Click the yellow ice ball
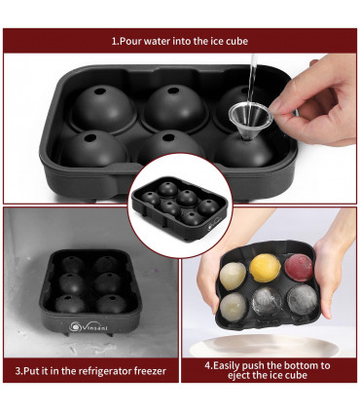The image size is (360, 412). pos(263,266)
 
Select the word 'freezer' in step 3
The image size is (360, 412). pos(147,371)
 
